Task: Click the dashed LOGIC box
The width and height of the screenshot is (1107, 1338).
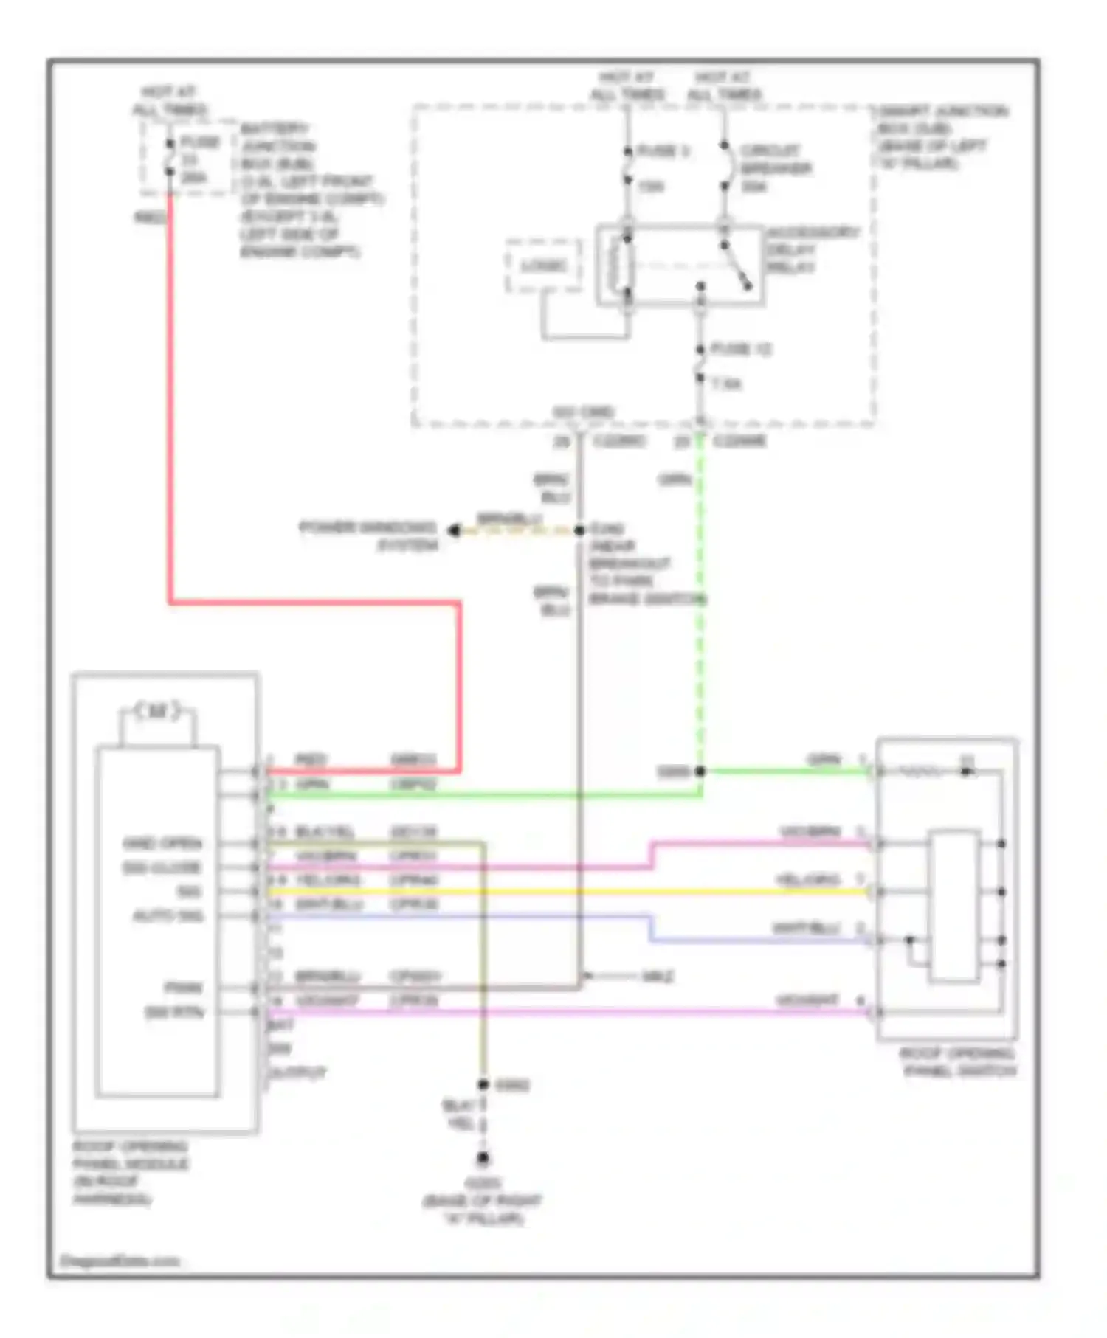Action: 544,266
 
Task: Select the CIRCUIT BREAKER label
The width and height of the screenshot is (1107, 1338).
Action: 774,168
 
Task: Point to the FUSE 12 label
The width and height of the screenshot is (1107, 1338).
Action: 740,349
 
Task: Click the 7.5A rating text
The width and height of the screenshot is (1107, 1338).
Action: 726,384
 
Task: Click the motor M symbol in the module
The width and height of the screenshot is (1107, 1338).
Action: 157,712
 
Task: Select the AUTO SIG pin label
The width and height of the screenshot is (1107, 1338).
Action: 168,916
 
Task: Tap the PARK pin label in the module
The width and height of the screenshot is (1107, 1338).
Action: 183,988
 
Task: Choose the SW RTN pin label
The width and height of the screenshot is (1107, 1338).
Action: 174,1012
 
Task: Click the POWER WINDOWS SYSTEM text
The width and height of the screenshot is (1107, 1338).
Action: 369,536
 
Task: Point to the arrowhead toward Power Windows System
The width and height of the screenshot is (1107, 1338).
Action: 455,530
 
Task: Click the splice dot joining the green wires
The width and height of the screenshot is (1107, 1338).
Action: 700,772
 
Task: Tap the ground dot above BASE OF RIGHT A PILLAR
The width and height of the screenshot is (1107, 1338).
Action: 483,1159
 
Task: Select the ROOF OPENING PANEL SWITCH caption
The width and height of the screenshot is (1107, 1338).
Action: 958,1062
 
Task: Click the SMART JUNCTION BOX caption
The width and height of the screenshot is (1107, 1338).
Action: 941,136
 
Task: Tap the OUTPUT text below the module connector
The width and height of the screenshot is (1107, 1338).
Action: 297,1072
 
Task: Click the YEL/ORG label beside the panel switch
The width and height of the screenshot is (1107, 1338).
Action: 807,879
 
